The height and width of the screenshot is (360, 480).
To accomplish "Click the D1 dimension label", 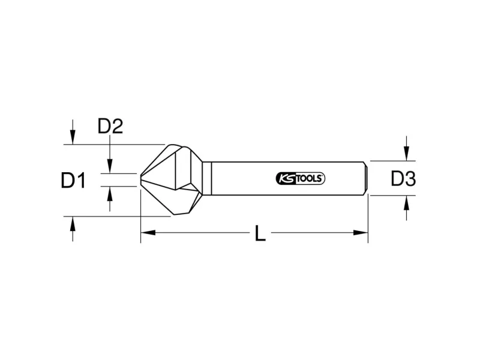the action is point(73,180).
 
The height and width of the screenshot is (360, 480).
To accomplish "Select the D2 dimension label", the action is point(110,126).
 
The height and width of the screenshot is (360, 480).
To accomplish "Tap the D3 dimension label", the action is point(403,179).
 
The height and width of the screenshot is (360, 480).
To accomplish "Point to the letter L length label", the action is point(260,233).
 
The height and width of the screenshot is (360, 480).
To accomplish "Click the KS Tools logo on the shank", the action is point(301,178).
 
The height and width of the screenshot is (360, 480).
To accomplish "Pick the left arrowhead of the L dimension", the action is point(148,233).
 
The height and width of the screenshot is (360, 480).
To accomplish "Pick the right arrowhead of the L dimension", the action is point(361,233).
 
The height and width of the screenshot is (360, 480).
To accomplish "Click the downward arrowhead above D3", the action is point(406,154).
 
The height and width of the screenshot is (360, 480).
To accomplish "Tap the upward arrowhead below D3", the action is point(406,203).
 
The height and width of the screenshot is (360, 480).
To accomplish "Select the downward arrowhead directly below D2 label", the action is point(110,166).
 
